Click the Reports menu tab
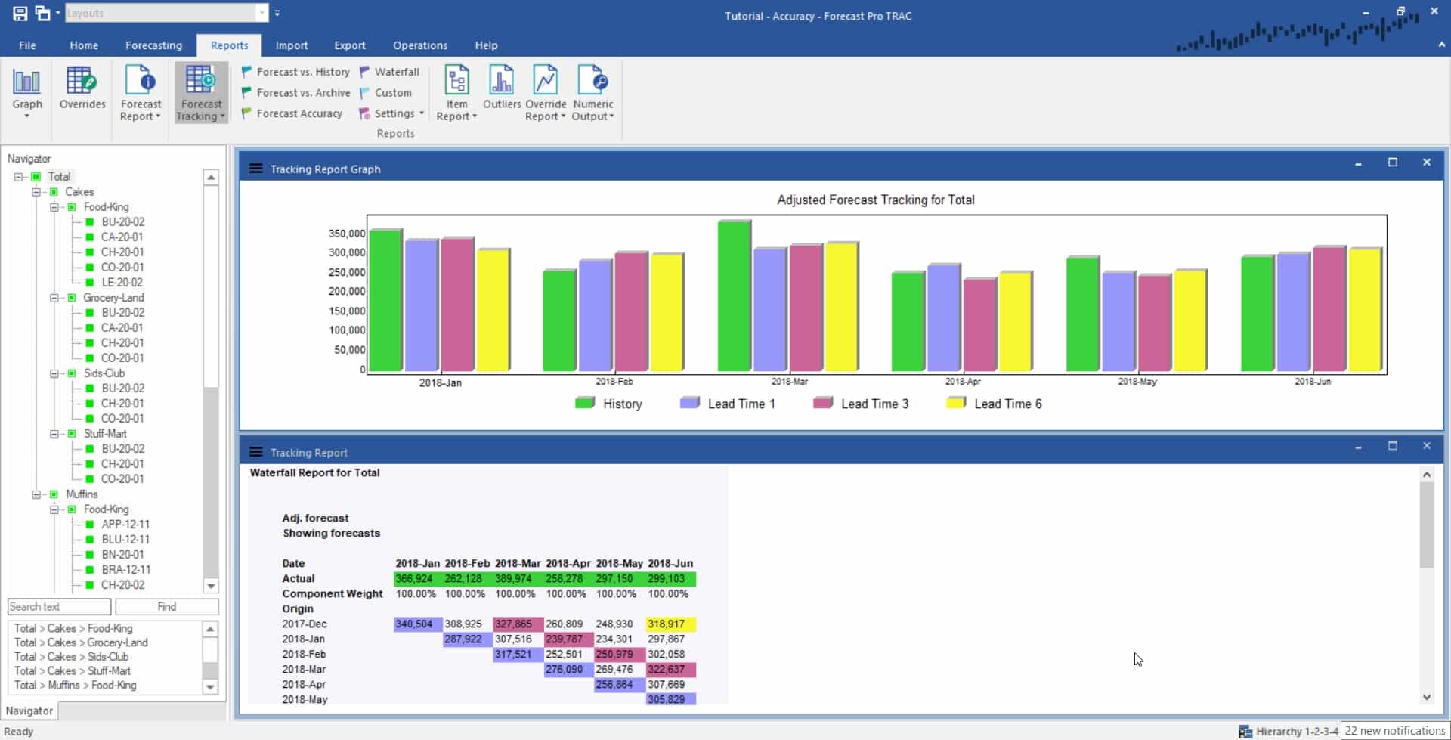click(229, 45)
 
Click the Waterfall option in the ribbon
click(396, 72)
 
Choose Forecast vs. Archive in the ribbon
click(302, 92)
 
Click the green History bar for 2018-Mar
click(733, 296)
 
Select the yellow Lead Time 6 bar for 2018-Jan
click(493, 310)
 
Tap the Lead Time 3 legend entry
click(874, 404)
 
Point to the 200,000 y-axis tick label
click(346, 291)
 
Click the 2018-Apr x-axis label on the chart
click(962, 382)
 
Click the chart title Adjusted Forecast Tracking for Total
click(875, 200)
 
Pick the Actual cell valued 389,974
click(513, 579)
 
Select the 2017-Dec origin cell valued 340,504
click(414, 624)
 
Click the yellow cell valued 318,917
click(666, 624)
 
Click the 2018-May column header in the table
click(618, 564)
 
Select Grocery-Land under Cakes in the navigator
click(113, 298)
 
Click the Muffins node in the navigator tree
click(82, 494)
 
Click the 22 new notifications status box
click(1394, 731)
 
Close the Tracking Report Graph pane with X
click(1426, 163)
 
